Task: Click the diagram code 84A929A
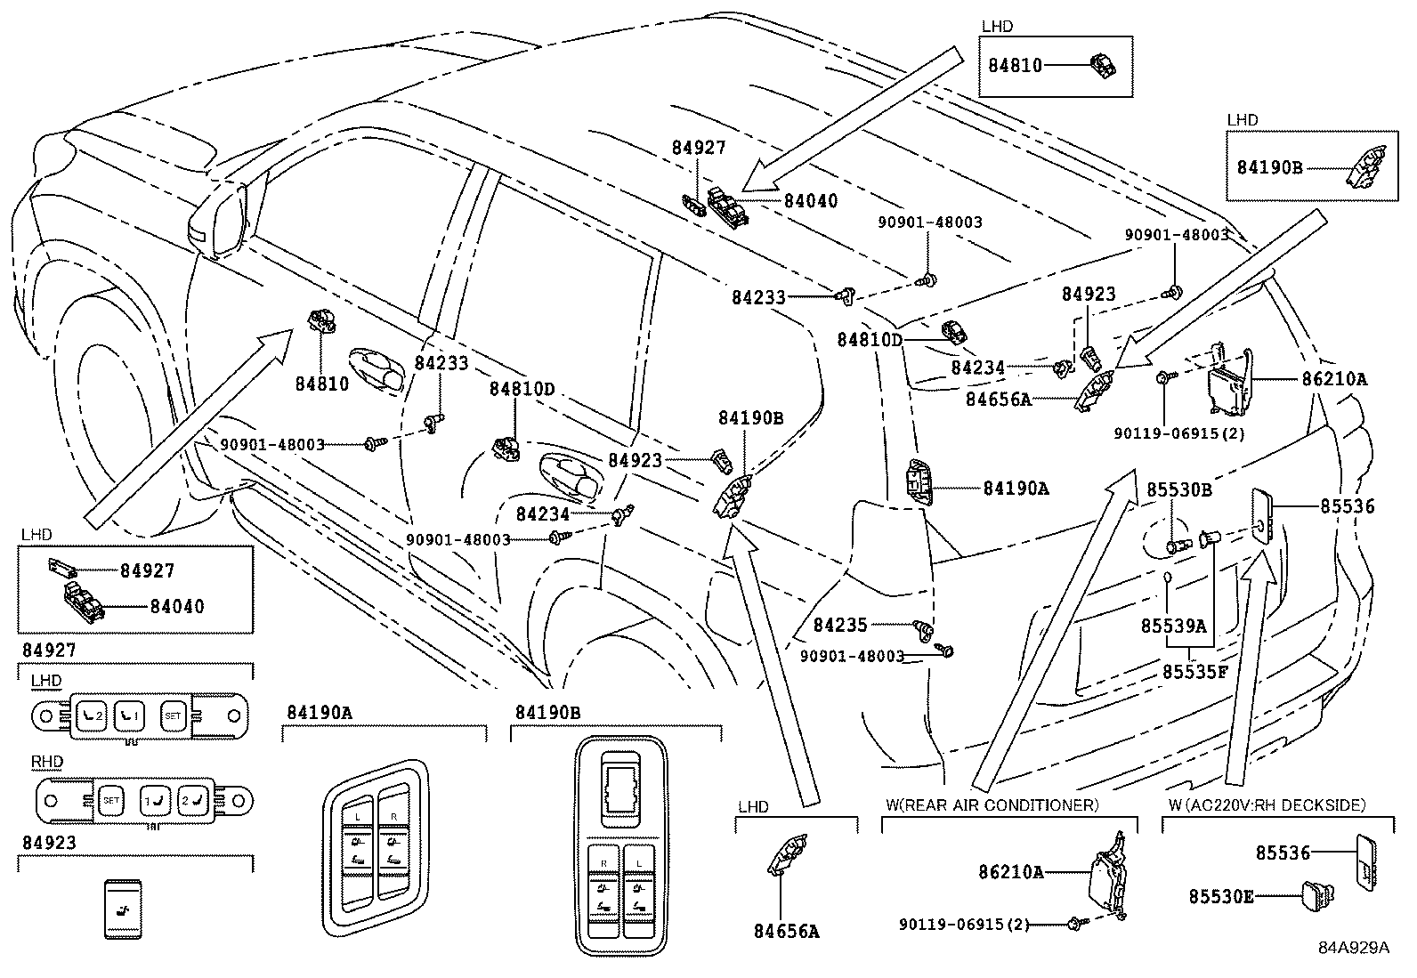(1354, 947)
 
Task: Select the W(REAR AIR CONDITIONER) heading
(992, 804)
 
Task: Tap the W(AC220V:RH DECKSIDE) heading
(1267, 804)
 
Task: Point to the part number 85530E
(1221, 896)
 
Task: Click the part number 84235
(840, 626)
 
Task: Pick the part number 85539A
(1173, 626)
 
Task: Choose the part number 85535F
(1194, 671)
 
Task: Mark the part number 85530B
(1178, 489)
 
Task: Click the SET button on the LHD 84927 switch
(171, 714)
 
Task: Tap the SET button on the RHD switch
(111, 800)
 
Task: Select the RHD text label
(46, 762)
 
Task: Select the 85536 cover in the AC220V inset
(1366, 861)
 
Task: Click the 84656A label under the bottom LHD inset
(786, 932)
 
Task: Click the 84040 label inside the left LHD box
(177, 607)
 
